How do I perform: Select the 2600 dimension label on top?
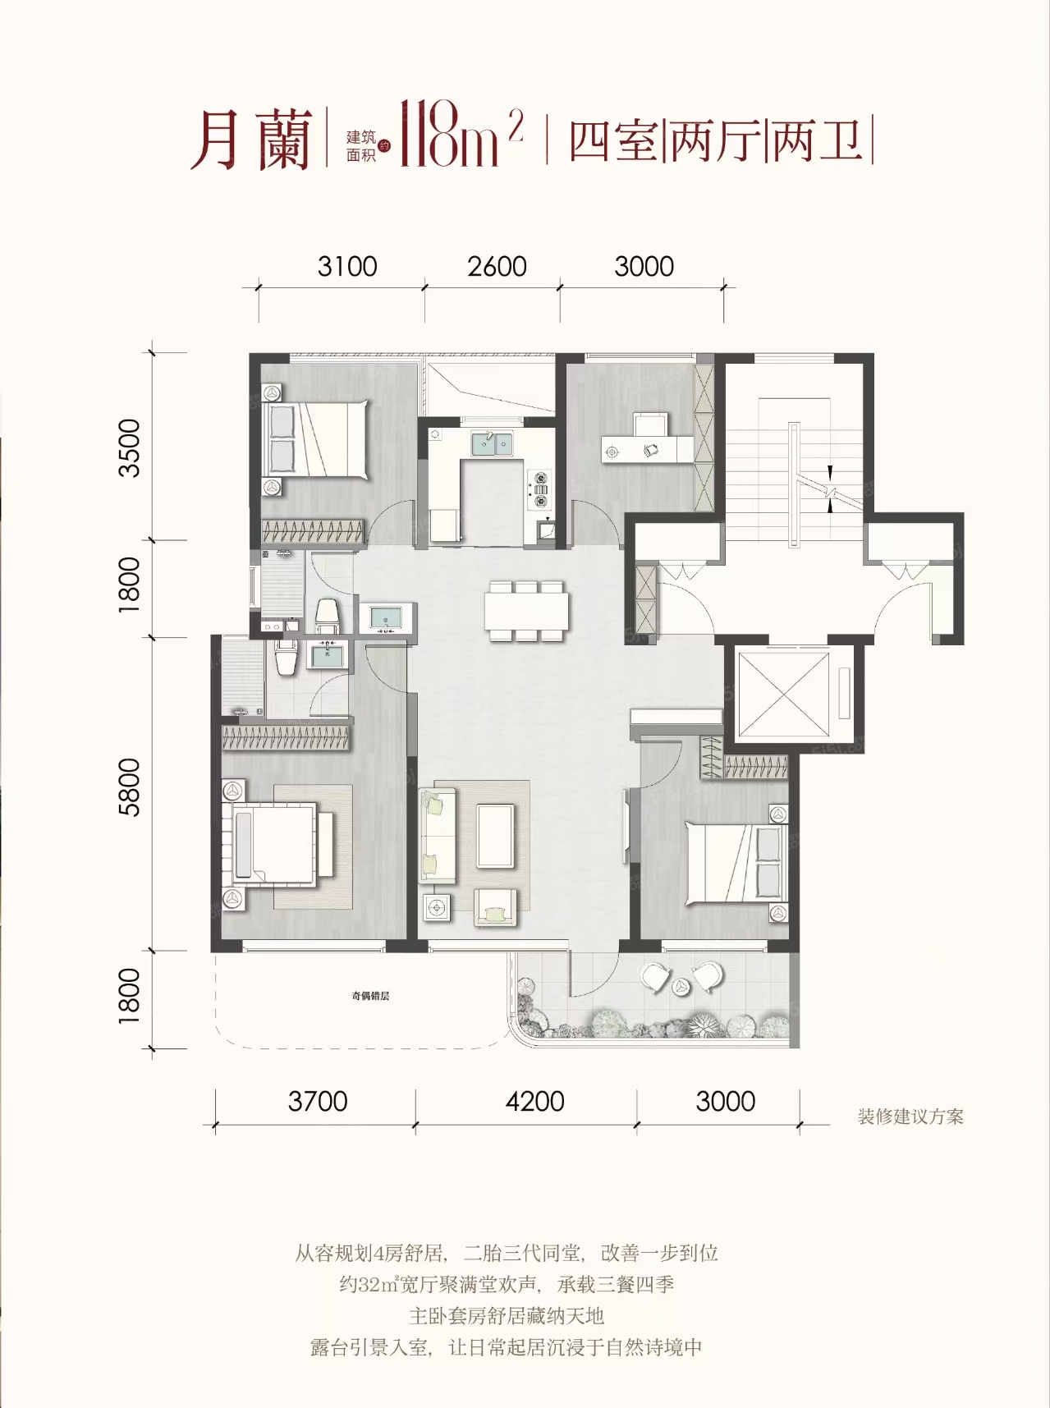coord(497,267)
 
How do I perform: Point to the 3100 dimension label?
coord(347,267)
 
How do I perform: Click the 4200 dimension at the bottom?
coord(534,1102)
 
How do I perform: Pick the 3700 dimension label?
coord(318,1102)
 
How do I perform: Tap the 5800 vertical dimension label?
coord(130,787)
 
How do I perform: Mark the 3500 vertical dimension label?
coord(130,447)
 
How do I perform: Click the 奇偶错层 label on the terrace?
coord(370,996)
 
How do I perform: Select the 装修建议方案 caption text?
coord(910,1117)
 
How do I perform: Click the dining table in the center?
coord(526,611)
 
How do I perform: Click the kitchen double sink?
coord(492,443)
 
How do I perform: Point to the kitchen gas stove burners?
coord(541,489)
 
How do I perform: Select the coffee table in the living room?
coord(496,836)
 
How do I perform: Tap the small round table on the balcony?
coord(681,987)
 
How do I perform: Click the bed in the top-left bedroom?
coord(315,439)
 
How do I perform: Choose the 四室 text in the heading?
coord(614,140)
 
